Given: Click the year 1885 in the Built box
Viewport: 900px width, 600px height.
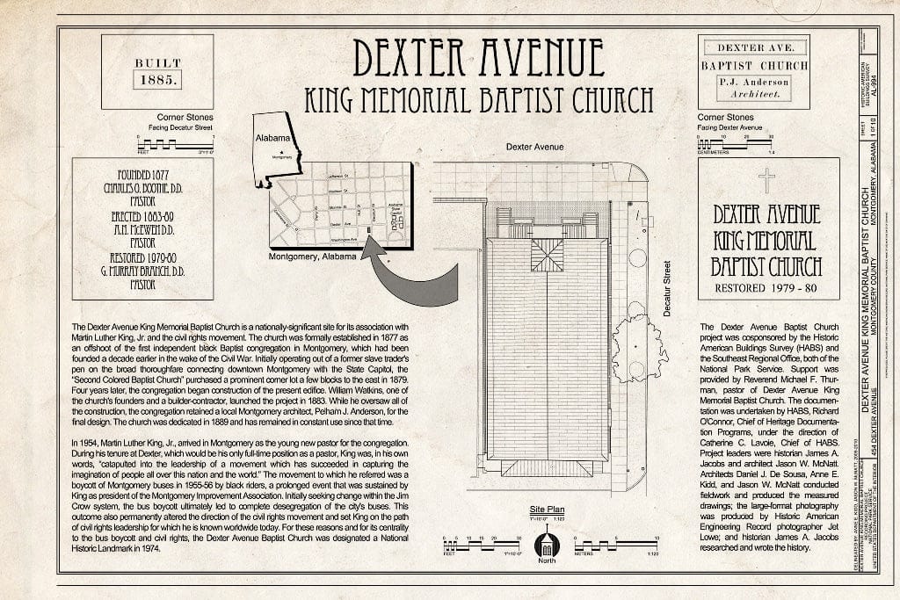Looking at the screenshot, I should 157,79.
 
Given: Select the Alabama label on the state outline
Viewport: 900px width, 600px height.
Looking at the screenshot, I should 272,139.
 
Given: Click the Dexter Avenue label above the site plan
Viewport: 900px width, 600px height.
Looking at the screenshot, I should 535,147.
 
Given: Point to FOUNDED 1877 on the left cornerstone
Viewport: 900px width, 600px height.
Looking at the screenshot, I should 142,174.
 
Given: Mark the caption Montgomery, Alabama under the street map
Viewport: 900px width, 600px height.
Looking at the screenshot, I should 312,257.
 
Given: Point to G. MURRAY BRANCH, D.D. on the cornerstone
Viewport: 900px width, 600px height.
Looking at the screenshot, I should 142,272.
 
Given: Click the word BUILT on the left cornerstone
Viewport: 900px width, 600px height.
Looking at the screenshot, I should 157,63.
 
